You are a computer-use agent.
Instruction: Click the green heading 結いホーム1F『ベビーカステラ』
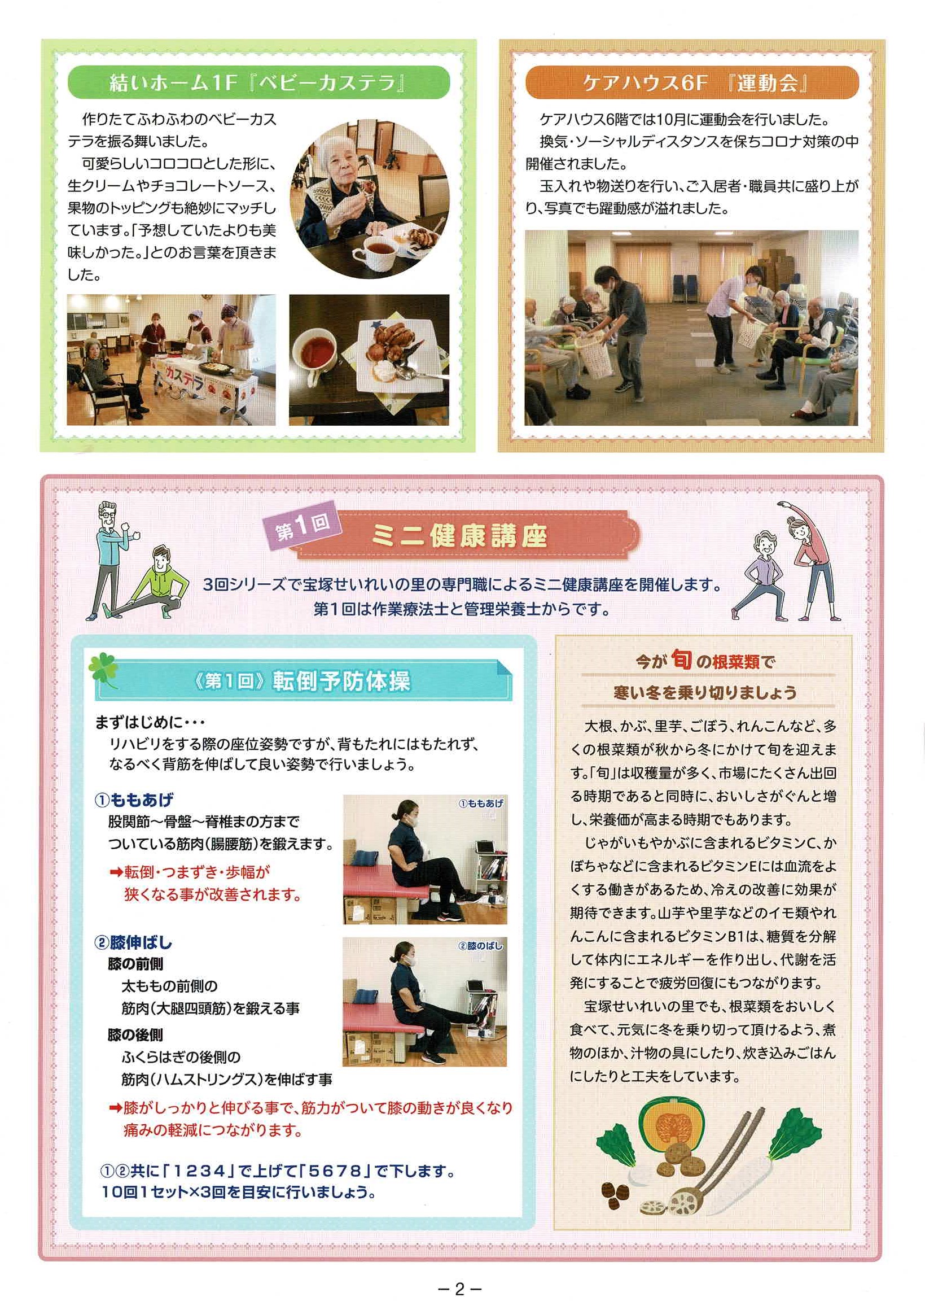tap(258, 84)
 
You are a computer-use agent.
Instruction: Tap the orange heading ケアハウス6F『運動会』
tap(691, 84)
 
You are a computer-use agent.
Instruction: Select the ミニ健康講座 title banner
tap(467, 536)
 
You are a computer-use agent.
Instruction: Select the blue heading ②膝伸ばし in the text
tap(133, 942)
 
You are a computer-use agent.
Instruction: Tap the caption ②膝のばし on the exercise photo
tap(481, 946)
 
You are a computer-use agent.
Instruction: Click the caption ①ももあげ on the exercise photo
tap(481, 804)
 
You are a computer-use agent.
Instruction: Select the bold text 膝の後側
tap(135, 1035)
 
